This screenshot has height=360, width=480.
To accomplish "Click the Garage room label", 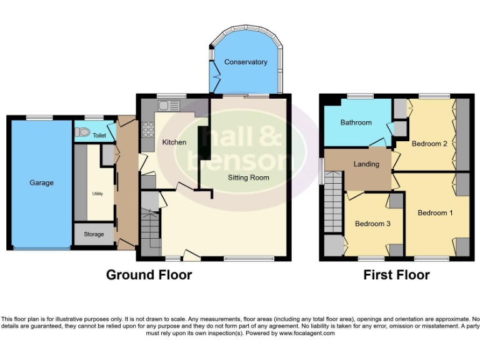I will coord(42,183).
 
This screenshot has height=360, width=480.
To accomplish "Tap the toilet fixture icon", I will coord(81,133).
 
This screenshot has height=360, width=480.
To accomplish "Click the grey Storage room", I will coord(94,234).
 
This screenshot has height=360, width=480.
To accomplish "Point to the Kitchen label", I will coord(174,142).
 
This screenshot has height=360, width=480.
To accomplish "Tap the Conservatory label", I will coord(246,62).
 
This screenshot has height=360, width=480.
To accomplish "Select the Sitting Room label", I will coord(248,177).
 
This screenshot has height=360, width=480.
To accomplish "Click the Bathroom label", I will coord(356,122).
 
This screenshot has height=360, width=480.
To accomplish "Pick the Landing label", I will coord(366,164).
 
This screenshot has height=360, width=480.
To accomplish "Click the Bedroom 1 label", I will coord(436,212).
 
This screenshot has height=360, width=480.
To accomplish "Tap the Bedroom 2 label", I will coord(429,144).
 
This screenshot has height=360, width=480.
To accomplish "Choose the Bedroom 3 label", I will coord(373,224).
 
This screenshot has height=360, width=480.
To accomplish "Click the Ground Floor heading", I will coord(149,275).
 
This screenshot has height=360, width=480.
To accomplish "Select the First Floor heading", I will coord(396,275).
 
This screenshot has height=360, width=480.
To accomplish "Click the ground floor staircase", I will coord(150,228).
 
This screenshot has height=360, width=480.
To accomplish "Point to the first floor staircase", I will coord(332,203).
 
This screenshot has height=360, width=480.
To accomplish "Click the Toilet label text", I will coord(99,135).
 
